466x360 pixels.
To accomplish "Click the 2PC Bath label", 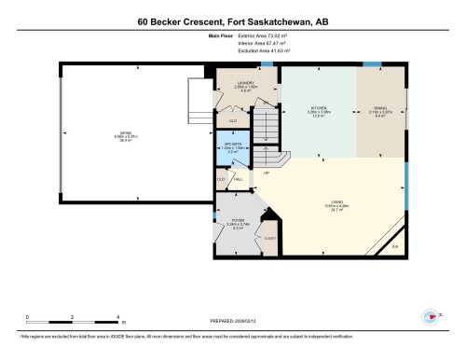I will (x=233, y=147).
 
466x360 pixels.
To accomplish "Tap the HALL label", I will (x=239, y=179).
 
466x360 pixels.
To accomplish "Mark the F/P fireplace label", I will (x=394, y=246).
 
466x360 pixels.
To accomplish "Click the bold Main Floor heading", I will (x=219, y=35).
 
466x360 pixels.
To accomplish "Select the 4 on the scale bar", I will (x=116, y=317).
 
